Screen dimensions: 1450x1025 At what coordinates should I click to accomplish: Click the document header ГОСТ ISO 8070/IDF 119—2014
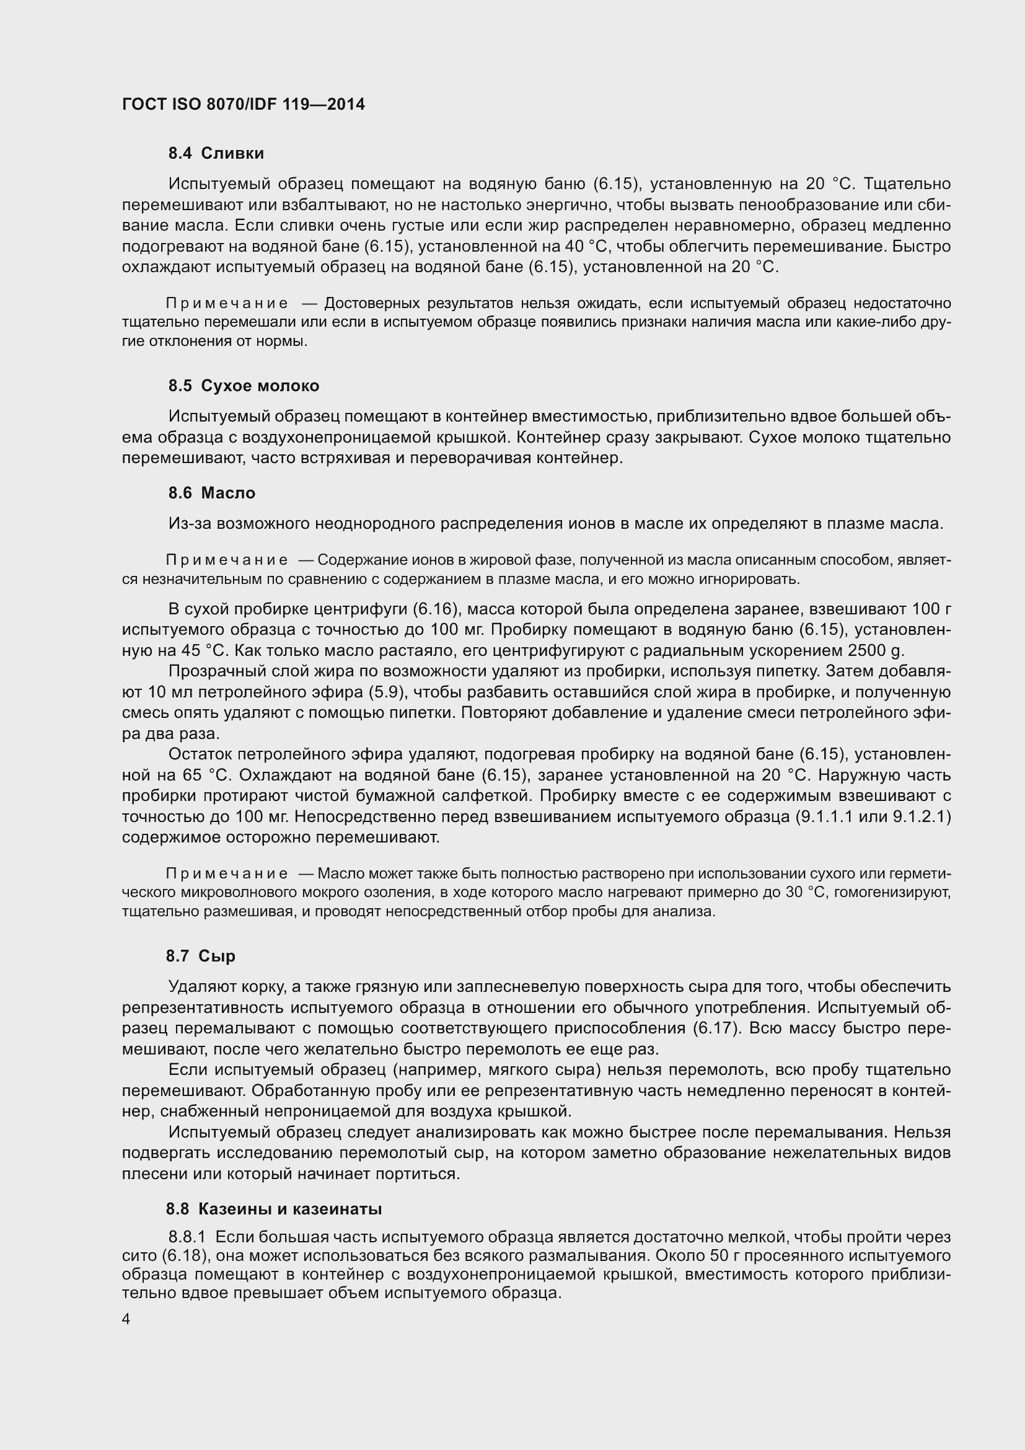244,104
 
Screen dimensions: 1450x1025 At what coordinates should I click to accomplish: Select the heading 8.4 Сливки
216,154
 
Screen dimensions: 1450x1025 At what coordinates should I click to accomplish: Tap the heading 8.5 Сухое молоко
244,386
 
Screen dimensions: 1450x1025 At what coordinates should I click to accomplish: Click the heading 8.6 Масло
211,493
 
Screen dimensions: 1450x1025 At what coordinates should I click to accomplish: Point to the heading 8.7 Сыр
201,956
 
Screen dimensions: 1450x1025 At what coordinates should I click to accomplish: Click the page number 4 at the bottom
126,1320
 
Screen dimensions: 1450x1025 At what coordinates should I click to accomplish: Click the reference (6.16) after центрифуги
435,609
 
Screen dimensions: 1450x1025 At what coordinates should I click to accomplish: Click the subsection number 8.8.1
187,1237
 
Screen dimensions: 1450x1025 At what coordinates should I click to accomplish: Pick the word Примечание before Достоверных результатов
227,304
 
